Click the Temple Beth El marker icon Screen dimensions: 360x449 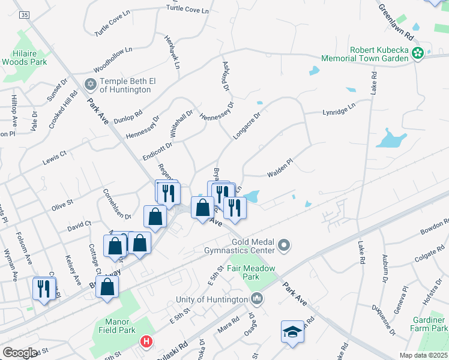91,83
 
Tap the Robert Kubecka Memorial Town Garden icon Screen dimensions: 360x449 417,54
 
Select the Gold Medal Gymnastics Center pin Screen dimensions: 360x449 285,245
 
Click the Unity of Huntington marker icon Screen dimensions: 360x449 257,298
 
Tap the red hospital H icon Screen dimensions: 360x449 146,342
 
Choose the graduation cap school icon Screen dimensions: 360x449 292,332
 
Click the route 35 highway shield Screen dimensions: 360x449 24,13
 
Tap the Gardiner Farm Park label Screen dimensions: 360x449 429,324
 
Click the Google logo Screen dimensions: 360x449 20,353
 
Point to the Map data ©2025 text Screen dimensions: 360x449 423,355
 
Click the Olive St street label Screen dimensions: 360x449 62,205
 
